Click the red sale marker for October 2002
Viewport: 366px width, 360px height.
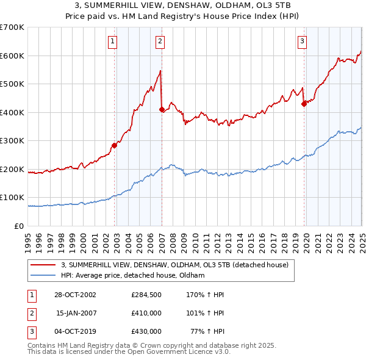(114, 145)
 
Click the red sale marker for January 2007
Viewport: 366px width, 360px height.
(162, 110)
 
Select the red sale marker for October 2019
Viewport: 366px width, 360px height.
(304, 104)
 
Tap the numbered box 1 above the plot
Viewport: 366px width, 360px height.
(113, 41)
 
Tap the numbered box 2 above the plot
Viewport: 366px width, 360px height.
(160, 41)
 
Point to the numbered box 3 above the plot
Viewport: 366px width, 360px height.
(302, 41)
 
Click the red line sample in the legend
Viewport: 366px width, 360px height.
(44, 265)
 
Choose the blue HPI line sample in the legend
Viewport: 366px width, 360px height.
(44, 275)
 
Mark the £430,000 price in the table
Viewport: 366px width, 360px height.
(146, 332)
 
